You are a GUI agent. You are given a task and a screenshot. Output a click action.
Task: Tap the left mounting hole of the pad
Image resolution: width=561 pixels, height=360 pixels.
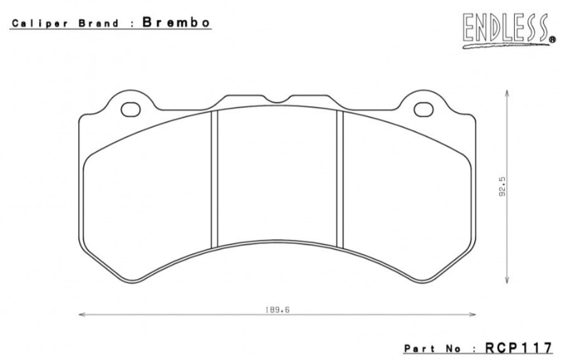[131, 110]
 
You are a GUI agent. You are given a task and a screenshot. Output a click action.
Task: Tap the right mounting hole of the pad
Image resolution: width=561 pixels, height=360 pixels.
[422, 110]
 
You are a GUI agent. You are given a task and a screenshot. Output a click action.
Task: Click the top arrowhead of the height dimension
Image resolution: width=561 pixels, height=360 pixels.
[506, 90]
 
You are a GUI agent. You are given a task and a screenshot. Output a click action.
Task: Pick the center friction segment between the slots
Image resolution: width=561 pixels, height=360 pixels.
[277, 178]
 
